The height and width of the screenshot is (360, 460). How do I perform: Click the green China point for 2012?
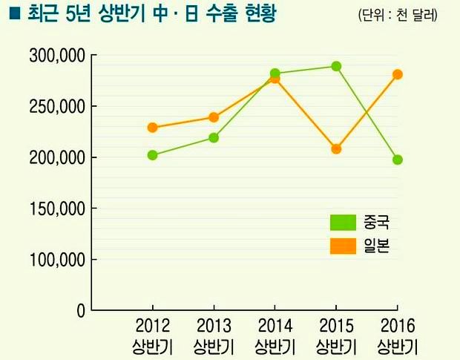click(x=152, y=155)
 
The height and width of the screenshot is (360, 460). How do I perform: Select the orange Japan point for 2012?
click(x=152, y=128)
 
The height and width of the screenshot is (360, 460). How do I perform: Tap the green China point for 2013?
click(x=214, y=137)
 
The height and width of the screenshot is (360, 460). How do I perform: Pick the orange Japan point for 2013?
click(x=214, y=117)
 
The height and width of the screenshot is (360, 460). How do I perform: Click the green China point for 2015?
click(x=336, y=66)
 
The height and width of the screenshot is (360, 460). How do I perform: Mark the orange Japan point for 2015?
click(x=336, y=148)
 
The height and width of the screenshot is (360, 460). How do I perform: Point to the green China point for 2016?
click(x=398, y=160)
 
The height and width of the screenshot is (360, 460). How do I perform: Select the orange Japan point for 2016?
click(x=398, y=74)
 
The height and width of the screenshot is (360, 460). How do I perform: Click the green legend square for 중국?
click(x=342, y=222)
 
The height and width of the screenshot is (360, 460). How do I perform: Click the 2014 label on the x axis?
click(x=275, y=326)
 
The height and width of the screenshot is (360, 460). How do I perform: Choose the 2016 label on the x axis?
click(x=397, y=326)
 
